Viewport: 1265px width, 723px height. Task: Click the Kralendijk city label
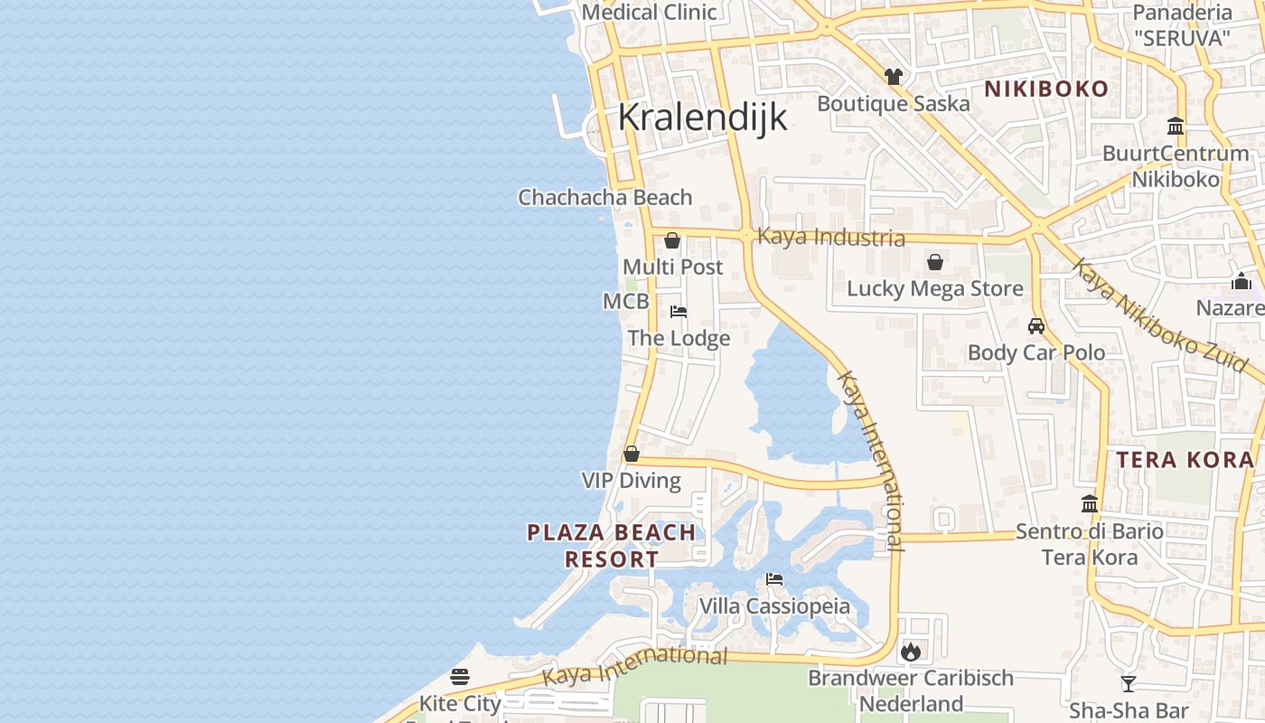coord(702,118)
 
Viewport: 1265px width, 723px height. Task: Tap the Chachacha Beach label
coord(604,197)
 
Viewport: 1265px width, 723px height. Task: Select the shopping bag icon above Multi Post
coord(672,240)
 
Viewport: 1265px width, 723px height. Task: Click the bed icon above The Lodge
coord(679,312)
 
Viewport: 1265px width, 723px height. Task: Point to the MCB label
coord(625,301)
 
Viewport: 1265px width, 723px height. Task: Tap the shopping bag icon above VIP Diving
coord(632,454)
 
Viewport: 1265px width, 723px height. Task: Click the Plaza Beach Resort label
coord(612,546)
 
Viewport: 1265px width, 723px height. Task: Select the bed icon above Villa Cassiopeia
coord(774,579)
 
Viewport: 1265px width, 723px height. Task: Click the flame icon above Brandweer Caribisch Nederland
coord(910,651)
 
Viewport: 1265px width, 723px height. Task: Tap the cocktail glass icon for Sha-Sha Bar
coord(1128,683)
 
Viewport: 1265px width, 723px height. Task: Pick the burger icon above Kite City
coord(460,677)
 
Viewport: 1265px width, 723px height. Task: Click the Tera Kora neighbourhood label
coord(1185,460)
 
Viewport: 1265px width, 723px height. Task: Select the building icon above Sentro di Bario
coord(1090,503)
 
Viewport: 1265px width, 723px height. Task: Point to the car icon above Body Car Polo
coord(1036,325)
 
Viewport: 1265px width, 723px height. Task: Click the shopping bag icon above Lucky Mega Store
coord(935,262)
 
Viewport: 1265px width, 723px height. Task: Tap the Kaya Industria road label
coord(830,237)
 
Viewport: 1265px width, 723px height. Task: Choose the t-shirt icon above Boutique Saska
coord(894,77)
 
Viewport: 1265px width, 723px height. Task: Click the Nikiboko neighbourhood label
coord(1045,89)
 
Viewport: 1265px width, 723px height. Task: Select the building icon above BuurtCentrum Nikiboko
coord(1176,126)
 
